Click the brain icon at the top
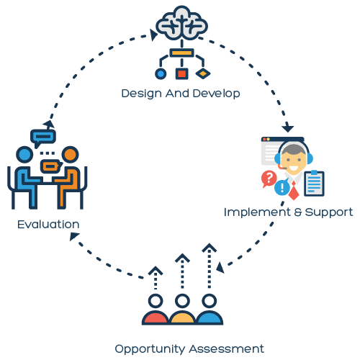(181, 23)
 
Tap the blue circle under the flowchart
(161, 73)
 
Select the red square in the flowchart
(181, 73)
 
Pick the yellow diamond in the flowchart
(203, 73)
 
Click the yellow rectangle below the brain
(181, 53)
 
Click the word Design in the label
(141, 94)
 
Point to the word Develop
(216, 94)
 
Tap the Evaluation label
(48, 225)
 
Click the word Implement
(257, 212)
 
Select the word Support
(329, 212)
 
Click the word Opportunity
(150, 349)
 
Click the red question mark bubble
(269, 179)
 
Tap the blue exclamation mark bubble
(282, 186)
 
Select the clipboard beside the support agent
(314, 183)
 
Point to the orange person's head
(70, 155)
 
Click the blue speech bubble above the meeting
(42, 138)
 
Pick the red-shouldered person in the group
(156, 310)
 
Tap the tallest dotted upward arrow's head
(210, 248)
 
